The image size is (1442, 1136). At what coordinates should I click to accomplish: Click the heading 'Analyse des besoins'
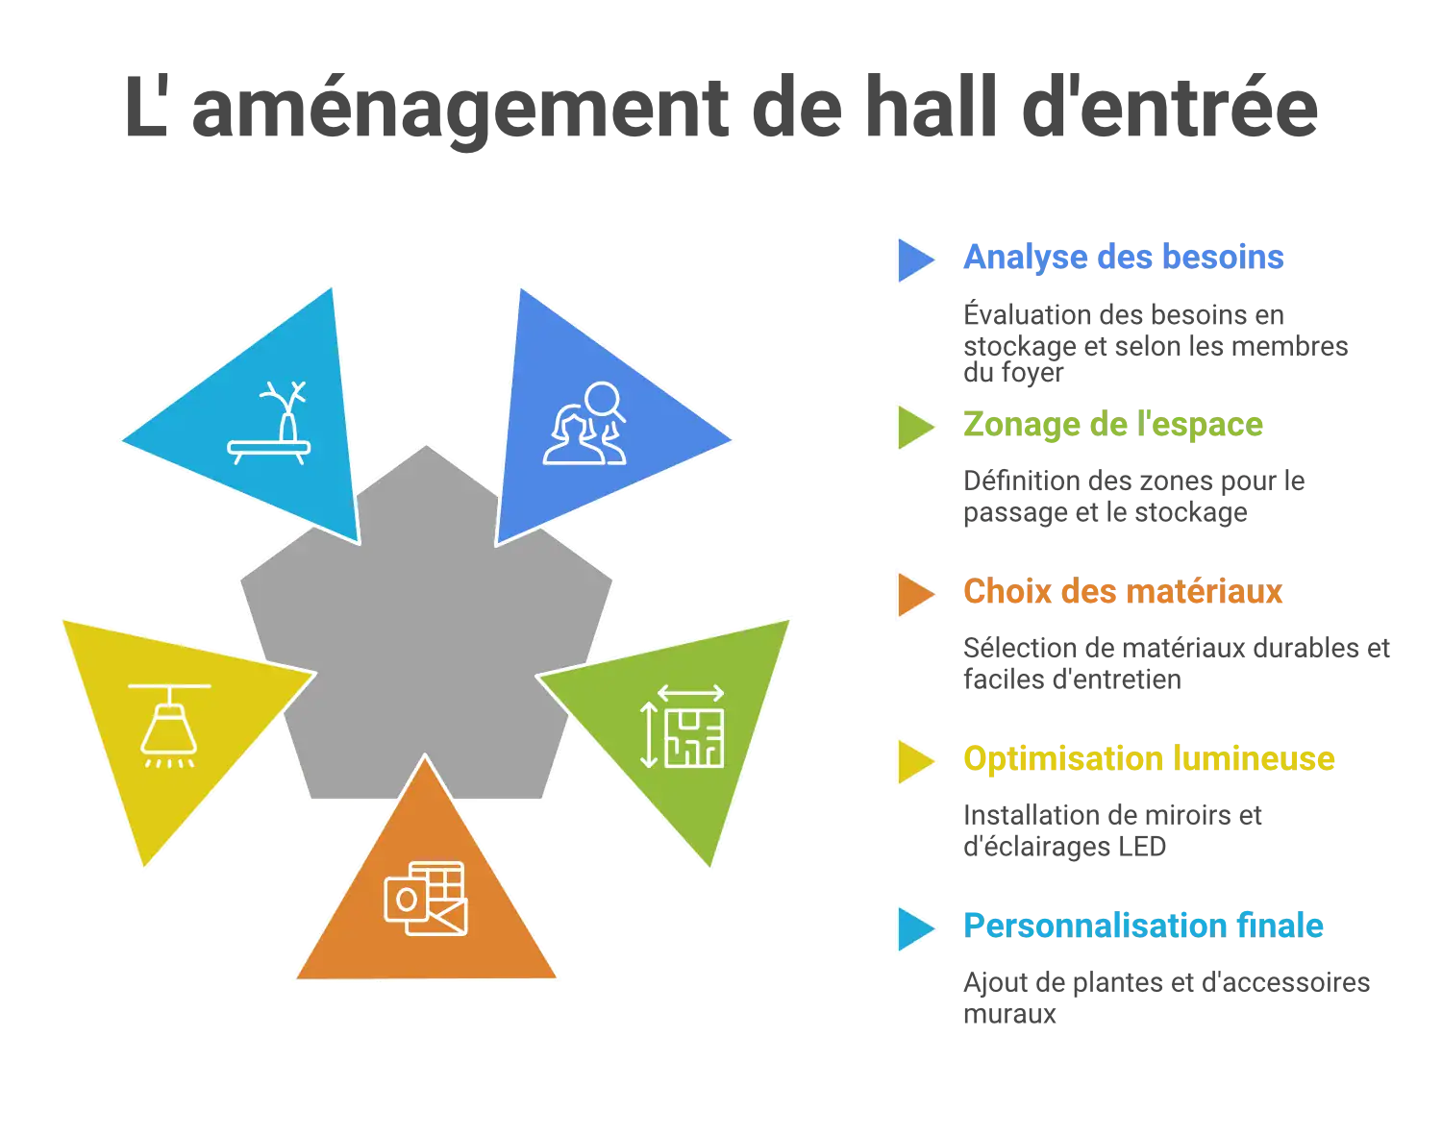pyautogui.click(x=1123, y=258)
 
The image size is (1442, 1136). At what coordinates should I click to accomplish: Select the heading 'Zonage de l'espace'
pyautogui.click(x=1113, y=425)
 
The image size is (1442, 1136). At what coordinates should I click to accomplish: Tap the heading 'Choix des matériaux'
pyautogui.click(x=1123, y=591)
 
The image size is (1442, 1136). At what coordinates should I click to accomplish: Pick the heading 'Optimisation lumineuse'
pyautogui.click(x=1149, y=759)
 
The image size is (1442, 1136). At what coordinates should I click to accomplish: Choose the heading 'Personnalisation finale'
pyautogui.click(x=1143, y=926)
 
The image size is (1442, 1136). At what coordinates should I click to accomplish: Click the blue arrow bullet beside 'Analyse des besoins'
pyautogui.click(x=916, y=259)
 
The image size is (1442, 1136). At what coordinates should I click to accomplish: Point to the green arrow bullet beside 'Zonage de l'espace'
pyautogui.click(x=916, y=428)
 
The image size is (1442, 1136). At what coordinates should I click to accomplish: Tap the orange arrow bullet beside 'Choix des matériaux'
pyautogui.click(x=916, y=594)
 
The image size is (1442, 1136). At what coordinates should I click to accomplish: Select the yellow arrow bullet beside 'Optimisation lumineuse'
pyautogui.click(x=916, y=761)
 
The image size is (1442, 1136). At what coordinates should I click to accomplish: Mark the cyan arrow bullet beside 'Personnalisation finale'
pyautogui.click(x=916, y=929)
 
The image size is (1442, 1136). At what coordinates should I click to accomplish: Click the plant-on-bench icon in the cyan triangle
pyautogui.click(x=269, y=423)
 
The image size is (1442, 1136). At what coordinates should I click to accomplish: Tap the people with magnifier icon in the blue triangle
pyautogui.click(x=584, y=423)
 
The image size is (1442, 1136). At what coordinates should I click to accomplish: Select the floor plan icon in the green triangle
pyautogui.click(x=683, y=726)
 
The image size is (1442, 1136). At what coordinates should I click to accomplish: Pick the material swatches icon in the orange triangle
pyautogui.click(x=426, y=899)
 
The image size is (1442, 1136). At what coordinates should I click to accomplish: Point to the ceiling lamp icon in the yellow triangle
pyautogui.click(x=169, y=726)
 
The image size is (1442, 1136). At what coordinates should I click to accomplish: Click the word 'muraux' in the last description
pyautogui.click(x=1009, y=1014)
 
